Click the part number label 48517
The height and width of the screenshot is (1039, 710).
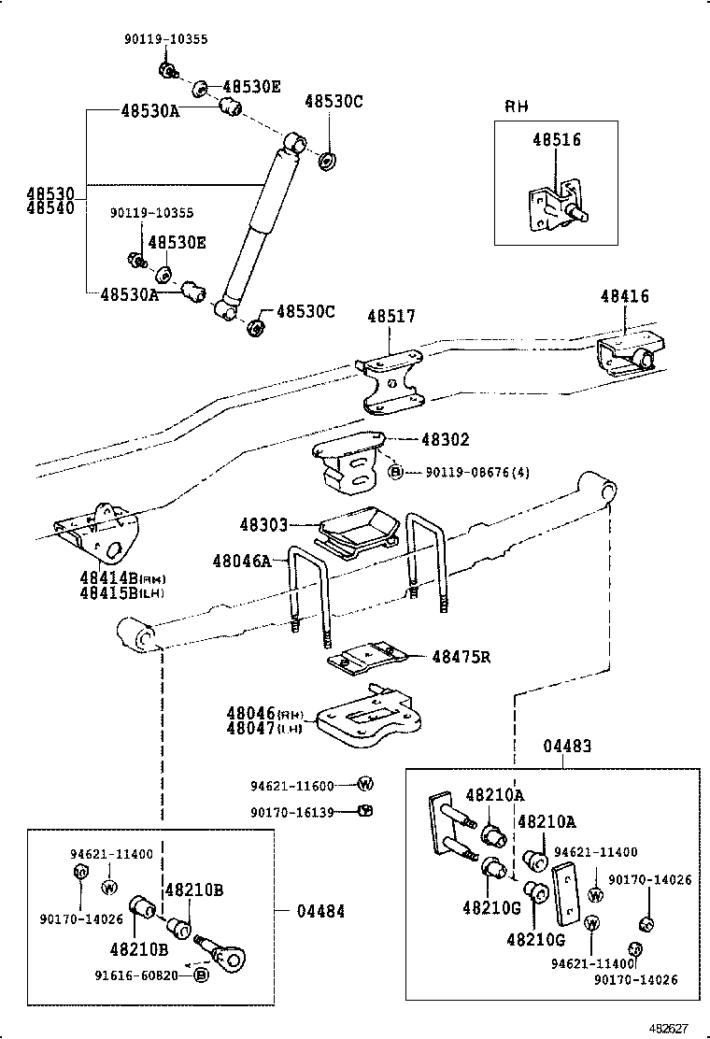[x=390, y=318]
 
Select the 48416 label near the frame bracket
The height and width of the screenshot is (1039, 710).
[x=624, y=296]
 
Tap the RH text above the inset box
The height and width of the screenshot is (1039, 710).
[x=517, y=107]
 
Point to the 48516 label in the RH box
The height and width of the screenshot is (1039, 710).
[x=557, y=140]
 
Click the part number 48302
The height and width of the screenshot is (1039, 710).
[x=445, y=439]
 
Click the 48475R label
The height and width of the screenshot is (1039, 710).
[x=461, y=657]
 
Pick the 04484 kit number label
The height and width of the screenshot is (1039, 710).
[x=320, y=911]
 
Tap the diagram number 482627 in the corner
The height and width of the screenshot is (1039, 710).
[x=670, y=1028]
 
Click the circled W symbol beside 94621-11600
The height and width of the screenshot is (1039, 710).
[x=365, y=784]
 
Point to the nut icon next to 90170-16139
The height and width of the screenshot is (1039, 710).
[x=366, y=810]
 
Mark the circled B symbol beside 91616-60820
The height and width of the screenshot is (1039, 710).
[x=200, y=975]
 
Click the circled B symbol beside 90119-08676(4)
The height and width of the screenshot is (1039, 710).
[x=396, y=473]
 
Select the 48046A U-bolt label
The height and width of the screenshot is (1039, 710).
[x=241, y=561]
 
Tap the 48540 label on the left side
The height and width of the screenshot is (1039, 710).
[x=50, y=208]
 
